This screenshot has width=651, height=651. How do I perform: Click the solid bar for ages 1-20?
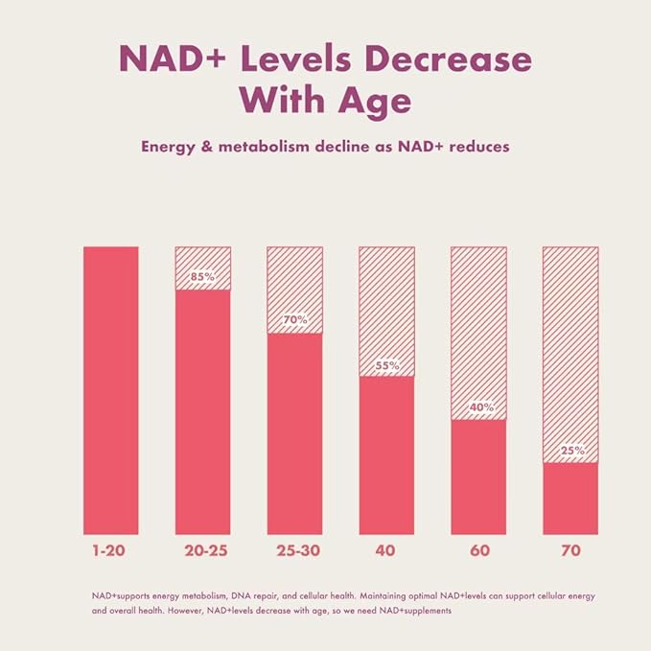(x=111, y=390)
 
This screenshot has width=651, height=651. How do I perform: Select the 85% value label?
(x=202, y=277)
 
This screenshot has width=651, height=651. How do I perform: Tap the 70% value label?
(x=294, y=320)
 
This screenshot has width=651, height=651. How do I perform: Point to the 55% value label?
(x=386, y=365)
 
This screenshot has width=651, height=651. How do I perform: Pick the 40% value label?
(x=478, y=407)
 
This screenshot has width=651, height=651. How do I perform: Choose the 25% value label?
(x=570, y=451)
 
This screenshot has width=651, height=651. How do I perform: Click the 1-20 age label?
(x=110, y=552)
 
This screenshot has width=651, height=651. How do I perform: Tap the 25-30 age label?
(x=294, y=552)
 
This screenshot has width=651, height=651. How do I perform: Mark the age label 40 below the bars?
(x=386, y=552)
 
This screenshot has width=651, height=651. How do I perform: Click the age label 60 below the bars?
(x=478, y=552)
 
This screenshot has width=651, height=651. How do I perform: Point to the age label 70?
(x=570, y=552)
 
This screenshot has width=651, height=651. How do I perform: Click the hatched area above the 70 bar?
(x=570, y=345)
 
